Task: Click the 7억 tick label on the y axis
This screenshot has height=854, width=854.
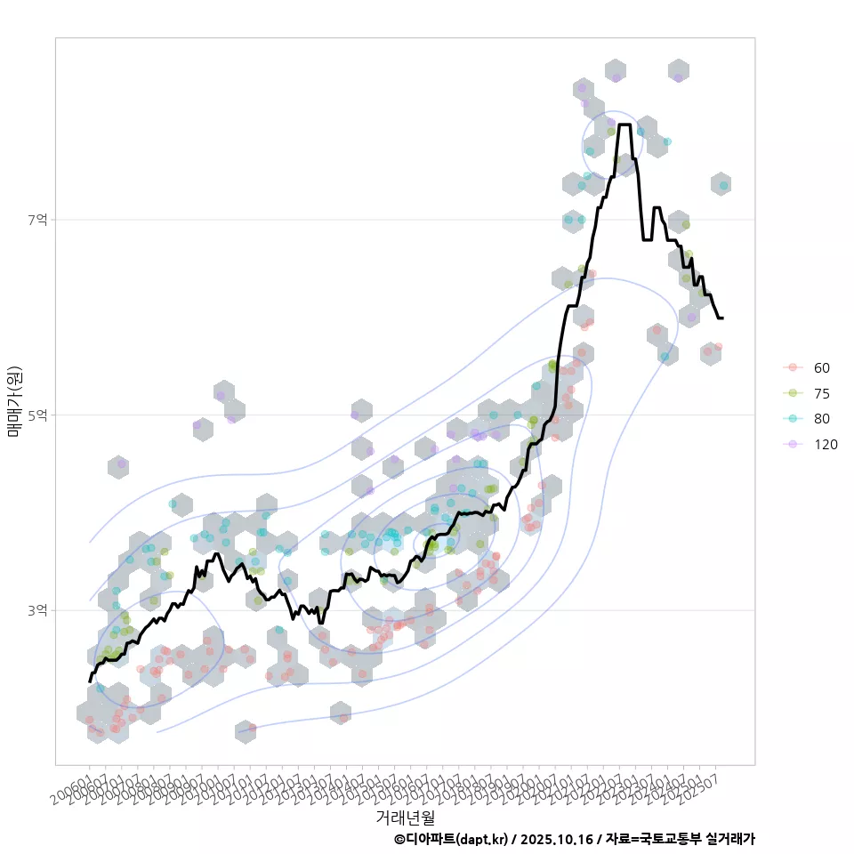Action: pos(37,220)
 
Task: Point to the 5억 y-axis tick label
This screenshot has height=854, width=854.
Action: pos(37,415)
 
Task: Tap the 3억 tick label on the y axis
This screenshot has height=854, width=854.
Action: pos(37,611)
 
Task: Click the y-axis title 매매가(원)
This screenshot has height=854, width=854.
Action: pos(14,400)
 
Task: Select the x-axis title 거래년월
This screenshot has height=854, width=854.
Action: pos(405,816)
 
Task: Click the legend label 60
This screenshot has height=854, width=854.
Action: pos(822,367)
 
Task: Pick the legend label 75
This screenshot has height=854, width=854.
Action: pos(822,393)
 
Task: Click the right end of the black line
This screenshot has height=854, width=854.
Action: pos(722,318)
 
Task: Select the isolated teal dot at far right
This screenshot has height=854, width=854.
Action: pos(723,185)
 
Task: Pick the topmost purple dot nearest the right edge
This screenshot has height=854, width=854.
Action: pos(678,78)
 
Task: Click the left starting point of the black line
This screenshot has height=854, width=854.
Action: pos(90,681)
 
